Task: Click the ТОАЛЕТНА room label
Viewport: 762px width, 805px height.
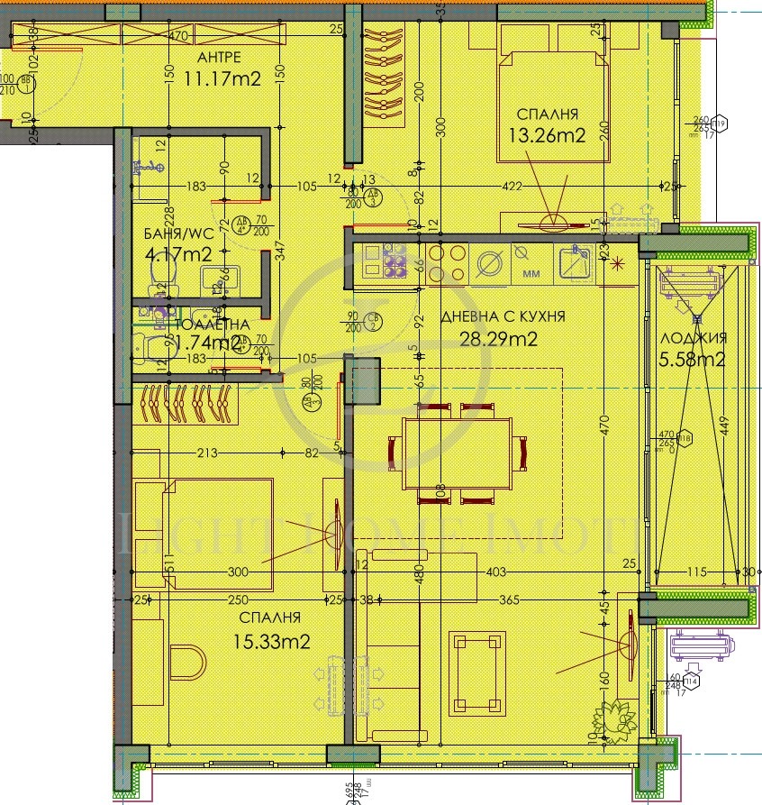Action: click(x=208, y=325)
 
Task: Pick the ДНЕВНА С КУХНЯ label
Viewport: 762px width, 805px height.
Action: click(x=503, y=316)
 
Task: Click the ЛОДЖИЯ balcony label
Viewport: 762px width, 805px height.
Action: click(x=694, y=338)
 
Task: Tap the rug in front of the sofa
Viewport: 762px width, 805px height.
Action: click(x=476, y=670)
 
